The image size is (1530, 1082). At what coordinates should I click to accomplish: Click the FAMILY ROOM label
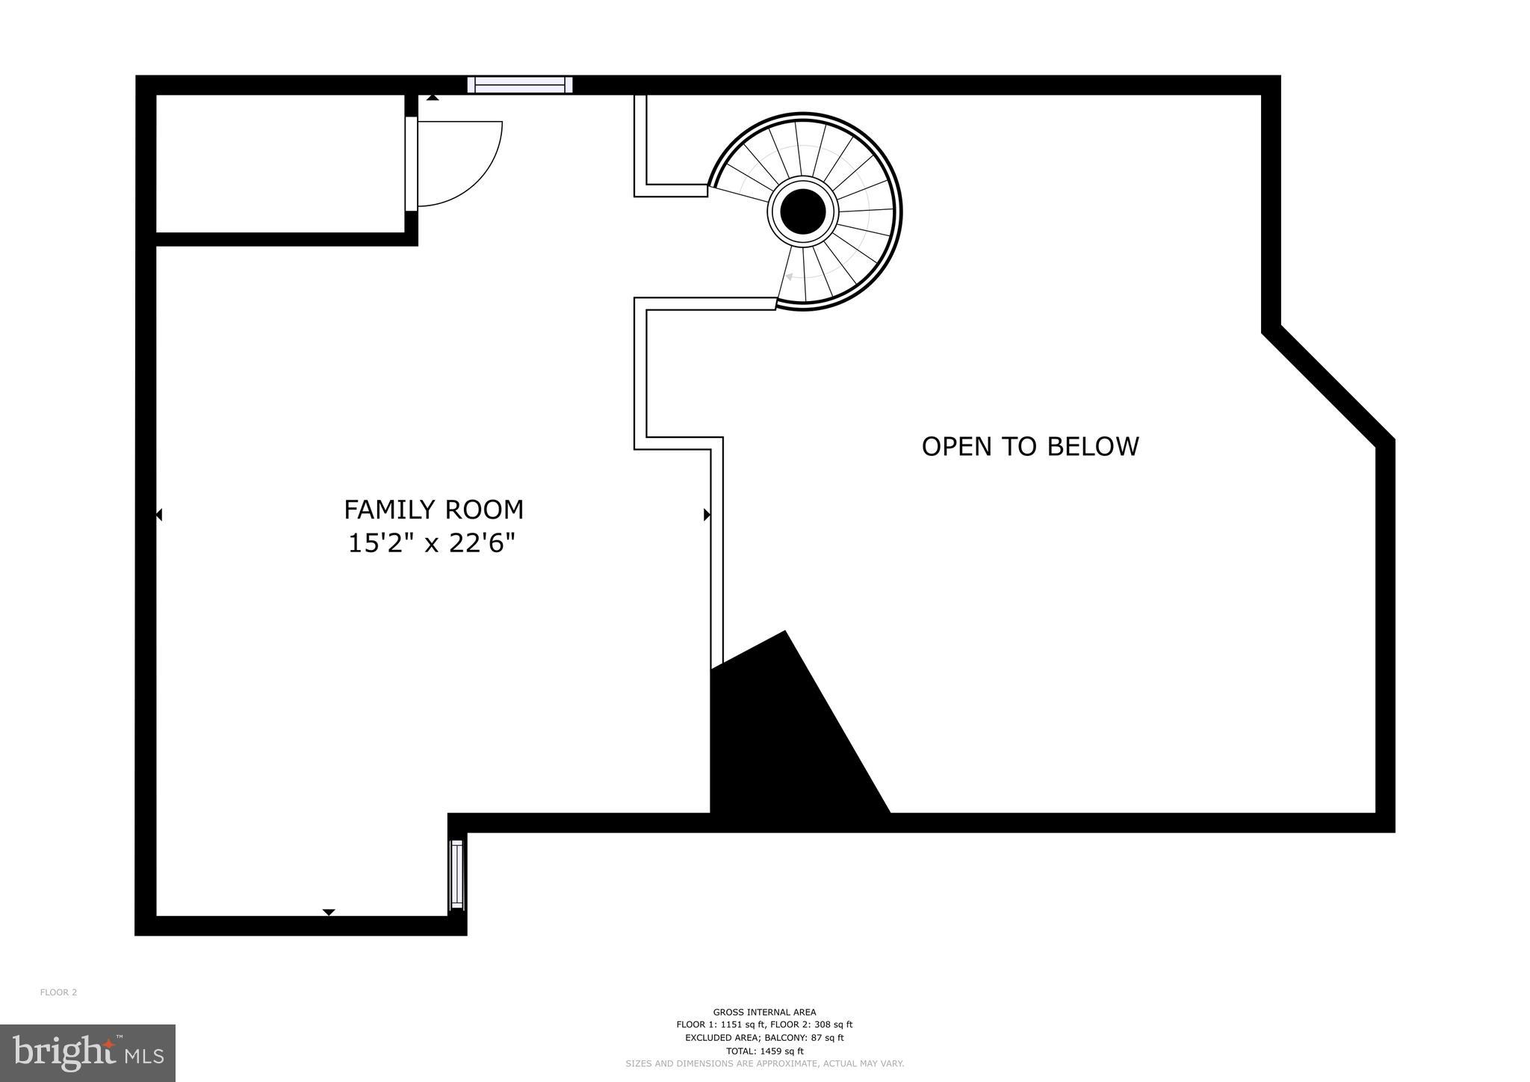point(433,510)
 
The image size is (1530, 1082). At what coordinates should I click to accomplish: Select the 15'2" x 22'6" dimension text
point(432,543)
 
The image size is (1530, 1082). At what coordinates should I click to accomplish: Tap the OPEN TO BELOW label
point(1029,446)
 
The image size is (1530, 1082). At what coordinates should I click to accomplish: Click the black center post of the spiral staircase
point(802,211)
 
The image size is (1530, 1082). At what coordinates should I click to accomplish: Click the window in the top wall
point(520,84)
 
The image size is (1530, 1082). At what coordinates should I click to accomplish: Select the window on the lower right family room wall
point(456,875)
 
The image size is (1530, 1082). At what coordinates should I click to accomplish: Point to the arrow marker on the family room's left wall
point(159,515)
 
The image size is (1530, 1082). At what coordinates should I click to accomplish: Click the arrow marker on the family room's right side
point(706,514)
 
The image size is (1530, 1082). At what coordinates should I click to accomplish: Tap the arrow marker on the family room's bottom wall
point(329,912)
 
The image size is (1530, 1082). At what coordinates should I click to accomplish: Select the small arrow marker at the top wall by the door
point(433,97)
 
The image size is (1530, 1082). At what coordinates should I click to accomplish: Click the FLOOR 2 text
point(58,992)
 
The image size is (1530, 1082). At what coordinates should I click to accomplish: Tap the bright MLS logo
point(87,1053)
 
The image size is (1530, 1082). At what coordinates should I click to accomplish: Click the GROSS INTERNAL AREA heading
point(764,1012)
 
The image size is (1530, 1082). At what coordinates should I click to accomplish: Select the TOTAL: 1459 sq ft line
point(764,1051)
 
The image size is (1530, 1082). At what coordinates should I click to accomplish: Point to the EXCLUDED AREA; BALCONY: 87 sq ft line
point(764,1038)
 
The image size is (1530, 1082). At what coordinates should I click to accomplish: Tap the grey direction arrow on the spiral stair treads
point(789,277)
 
